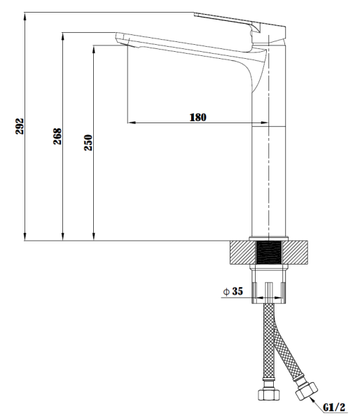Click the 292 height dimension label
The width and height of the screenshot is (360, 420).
point(20,126)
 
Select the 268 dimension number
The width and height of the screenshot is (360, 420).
point(57,136)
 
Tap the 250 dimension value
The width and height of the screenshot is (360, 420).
point(88,143)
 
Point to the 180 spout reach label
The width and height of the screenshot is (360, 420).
point(198,118)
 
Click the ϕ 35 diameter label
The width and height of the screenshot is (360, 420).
point(233,291)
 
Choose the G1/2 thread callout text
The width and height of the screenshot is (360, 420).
point(334,407)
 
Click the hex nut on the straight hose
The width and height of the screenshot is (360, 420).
point(269,395)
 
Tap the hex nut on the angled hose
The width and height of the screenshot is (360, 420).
point(306,391)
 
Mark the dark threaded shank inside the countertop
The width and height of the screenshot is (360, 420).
point(268,252)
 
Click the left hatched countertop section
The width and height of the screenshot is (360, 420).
point(243,252)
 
